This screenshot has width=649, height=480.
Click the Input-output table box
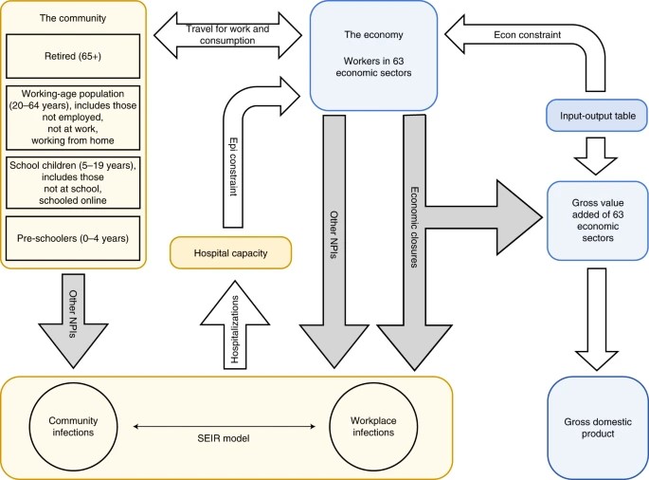(x=596, y=116)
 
